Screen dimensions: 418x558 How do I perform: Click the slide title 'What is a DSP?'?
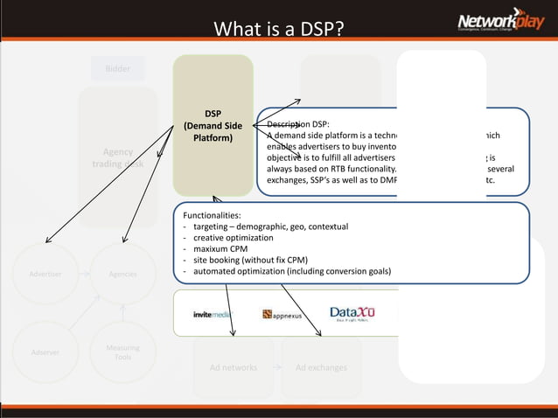coord(278,30)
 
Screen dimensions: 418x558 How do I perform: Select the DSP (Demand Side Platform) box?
coord(213,126)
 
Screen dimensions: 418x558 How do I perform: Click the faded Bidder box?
coord(118,68)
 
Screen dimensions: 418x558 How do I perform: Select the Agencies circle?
coord(122,274)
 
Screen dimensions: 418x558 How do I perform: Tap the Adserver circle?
coord(45,352)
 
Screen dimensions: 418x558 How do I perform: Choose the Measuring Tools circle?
coord(122,352)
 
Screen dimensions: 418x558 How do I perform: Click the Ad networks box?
coord(234,367)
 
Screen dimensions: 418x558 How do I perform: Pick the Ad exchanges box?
coord(321,367)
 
